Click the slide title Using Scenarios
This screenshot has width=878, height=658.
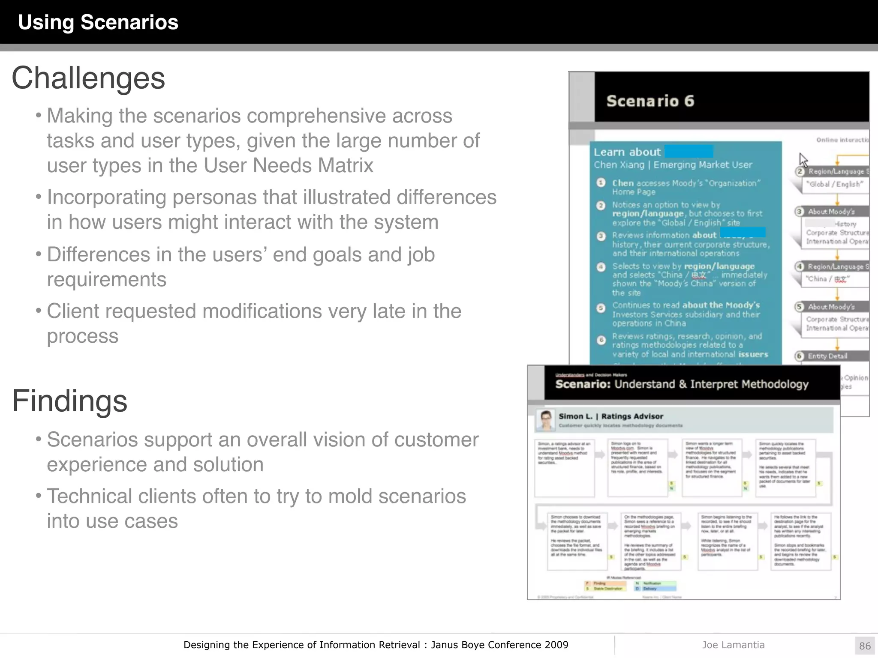coord(98,22)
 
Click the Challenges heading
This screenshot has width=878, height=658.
coord(88,78)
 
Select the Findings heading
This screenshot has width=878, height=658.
coord(69,401)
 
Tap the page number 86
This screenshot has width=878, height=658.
coord(865,646)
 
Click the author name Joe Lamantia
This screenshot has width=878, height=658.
coord(733,645)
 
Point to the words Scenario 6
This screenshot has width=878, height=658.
coord(650,101)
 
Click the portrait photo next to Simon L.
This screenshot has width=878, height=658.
coord(546,420)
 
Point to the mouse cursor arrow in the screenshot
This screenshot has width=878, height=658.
coord(803,160)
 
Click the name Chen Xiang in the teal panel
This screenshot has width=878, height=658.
coord(619,165)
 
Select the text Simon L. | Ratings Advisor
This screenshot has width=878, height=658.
coord(610,416)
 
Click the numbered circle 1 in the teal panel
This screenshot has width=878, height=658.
coord(601,183)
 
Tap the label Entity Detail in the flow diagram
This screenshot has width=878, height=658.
coord(827,356)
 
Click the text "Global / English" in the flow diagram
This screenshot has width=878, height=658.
coord(834,184)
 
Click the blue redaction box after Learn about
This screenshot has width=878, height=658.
coord(689,151)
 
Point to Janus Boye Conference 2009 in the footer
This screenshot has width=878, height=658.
coord(499,645)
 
